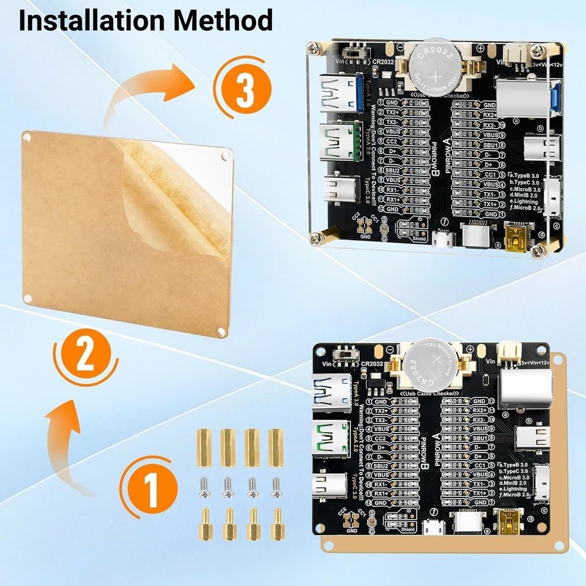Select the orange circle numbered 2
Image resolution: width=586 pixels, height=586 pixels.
coord(86,355)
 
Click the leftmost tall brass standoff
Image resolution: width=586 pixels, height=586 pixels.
coord(203,448)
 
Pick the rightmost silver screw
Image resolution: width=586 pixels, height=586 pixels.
coord(277,487)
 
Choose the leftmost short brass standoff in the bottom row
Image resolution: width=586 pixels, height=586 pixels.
coord(205,524)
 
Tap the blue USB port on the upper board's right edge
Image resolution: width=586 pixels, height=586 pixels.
coord(554,97)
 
